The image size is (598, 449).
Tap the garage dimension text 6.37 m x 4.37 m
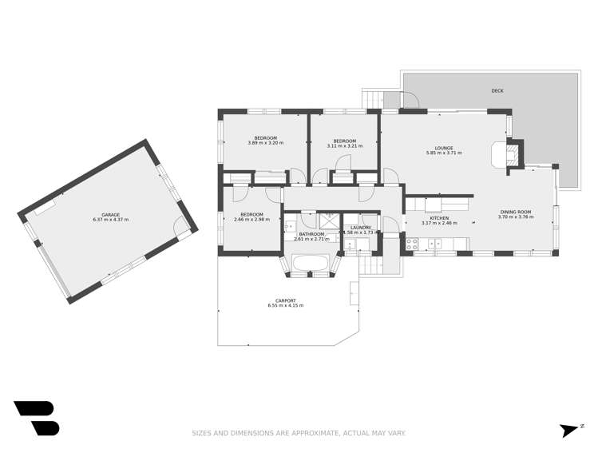(x=110, y=220)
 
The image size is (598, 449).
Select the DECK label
(x=497, y=91)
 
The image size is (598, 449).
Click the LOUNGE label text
(x=445, y=148)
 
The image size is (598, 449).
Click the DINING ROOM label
(x=514, y=212)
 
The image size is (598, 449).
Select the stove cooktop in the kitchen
(x=412, y=245)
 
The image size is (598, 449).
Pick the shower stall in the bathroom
(x=329, y=221)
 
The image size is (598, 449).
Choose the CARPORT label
(x=285, y=300)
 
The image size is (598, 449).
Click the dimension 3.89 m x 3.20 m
(x=265, y=144)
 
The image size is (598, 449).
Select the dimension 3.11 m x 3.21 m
(x=344, y=146)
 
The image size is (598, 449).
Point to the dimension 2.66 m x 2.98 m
(x=251, y=219)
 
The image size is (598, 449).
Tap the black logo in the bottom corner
(x=36, y=418)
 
